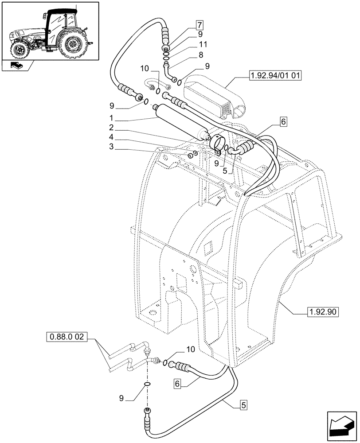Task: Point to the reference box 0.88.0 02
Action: [67, 340]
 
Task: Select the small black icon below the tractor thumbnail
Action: [17, 66]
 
